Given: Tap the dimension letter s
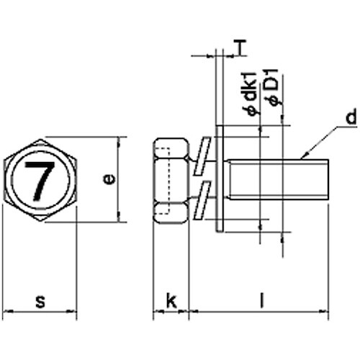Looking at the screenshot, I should pyautogui.click(x=40, y=302).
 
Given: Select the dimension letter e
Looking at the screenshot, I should pyautogui.click(x=109, y=179).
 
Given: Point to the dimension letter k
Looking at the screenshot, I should pyautogui.click(x=171, y=301).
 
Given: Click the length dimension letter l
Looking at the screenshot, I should pyautogui.click(x=260, y=302).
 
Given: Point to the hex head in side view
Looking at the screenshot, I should pyautogui.click(x=171, y=179).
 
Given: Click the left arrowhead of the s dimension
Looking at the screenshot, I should pyautogui.click(x=6, y=312).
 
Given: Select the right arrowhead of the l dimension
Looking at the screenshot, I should pyautogui.click(x=326, y=312).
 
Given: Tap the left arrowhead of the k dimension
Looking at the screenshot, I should pyautogui.click(x=156, y=312).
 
